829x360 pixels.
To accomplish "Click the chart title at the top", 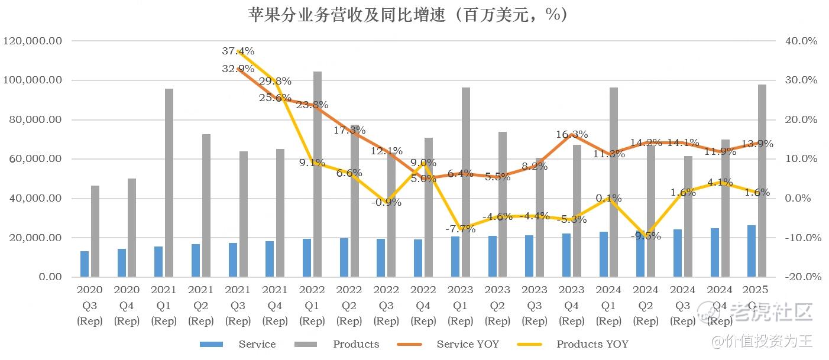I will pos(408,14).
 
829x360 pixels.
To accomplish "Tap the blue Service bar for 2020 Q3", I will pos(85,264).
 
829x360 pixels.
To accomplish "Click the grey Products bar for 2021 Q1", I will pos(169,183).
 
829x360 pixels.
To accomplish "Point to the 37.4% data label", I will pos(238,51).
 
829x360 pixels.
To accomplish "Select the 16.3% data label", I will pos(572,134).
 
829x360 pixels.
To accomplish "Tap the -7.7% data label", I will pos(460,229).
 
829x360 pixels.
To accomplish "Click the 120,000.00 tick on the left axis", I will pos(33,41).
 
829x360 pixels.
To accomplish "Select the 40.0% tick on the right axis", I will pos(801,41).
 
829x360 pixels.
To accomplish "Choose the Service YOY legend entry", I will pos(468,344).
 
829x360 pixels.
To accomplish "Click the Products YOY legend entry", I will pos(592,344).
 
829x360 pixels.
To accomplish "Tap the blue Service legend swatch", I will pos(211,344).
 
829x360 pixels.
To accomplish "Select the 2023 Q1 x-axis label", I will pos(460,305).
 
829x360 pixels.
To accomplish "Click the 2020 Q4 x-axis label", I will pos(127,305).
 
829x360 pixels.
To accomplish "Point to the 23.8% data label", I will pos(312,105).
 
